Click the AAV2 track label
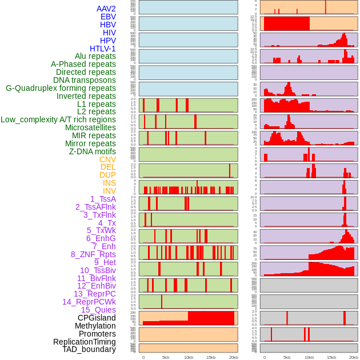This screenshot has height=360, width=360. click(106, 9)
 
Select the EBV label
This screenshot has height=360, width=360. click(107, 17)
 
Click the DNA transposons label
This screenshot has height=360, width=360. click(84, 80)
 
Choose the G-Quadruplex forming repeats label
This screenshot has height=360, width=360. click(61, 88)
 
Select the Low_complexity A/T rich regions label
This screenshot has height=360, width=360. click(58, 119)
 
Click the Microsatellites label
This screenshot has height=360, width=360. click(90, 127)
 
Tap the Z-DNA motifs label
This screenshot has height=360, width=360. click(92, 151)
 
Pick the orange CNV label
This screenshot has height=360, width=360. click(107, 159)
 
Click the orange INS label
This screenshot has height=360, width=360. click(109, 183)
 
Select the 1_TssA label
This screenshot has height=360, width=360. click(103, 199)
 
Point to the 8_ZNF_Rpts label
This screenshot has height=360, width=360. click(93, 254)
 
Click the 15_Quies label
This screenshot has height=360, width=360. click(98, 310)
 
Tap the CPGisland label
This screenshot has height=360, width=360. click(97, 318)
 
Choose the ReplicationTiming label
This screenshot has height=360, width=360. click(84, 342)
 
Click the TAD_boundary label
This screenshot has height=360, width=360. click(89, 349)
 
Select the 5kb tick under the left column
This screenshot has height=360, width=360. click(166, 357)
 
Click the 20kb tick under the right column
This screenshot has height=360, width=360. click(354, 357)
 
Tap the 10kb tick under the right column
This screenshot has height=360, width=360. click(309, 357)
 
